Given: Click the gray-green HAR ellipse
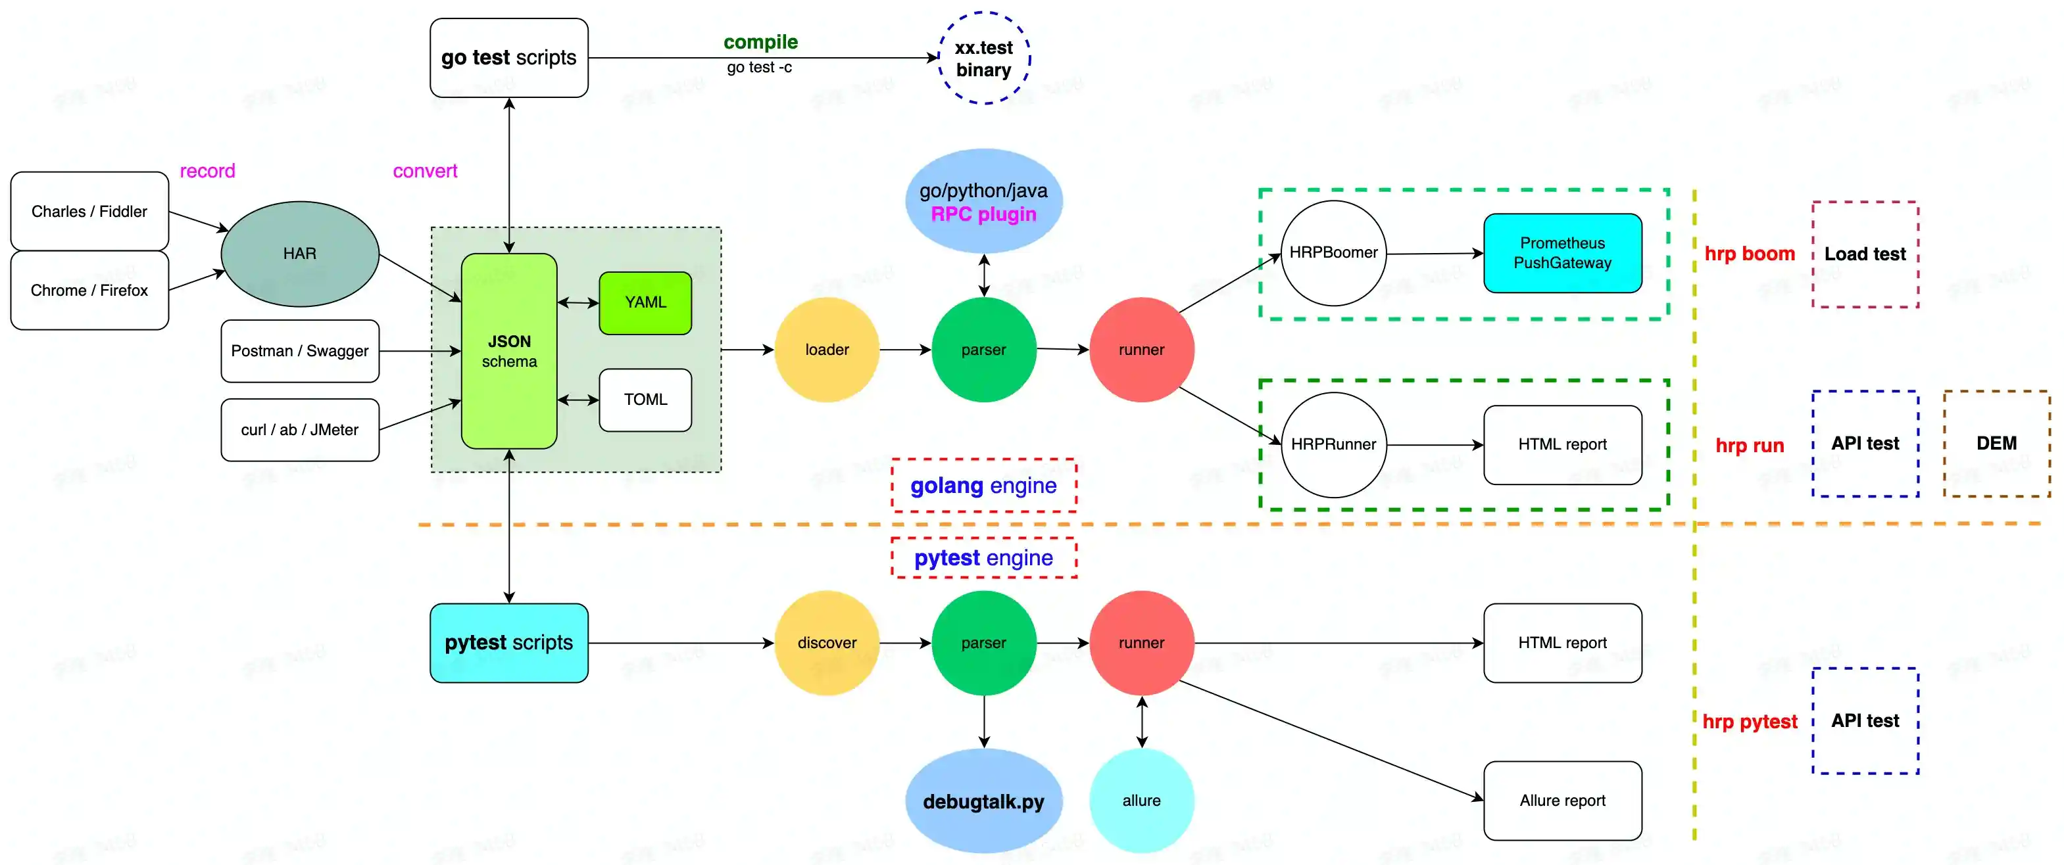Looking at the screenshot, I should click(x=300, y=254).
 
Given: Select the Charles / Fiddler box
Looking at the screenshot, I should click(x=89, y=212).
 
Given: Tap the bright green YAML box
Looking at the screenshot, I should click(x=645, y=303).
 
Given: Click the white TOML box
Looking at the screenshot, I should click(x=645, y=400).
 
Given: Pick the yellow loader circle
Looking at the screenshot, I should click(x=827, y=350).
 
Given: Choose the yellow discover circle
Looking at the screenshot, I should click(x=827, y=643).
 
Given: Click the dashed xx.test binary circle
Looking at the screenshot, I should click(x=984, y=58).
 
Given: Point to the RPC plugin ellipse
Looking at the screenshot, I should click(x=984, y=202).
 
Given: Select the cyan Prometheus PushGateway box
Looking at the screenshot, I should click(x=1562, y=253).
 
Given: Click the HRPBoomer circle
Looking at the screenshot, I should click(x=1333, y=253).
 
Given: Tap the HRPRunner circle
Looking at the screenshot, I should click(x=1333, y=444).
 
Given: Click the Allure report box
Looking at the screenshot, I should click(x=1562, y=801).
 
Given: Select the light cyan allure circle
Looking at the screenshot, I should click(x=1141, y=801).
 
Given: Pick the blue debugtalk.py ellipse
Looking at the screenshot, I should click(x=984, y=801).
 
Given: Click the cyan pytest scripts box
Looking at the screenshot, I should click(x=509, y=643).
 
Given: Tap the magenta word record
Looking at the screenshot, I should click(x=208, y=171).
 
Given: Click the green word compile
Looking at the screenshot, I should click(x=760, y=41).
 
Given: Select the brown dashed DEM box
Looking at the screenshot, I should click(x=1996, y=444).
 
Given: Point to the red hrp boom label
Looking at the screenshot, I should click(x=1749, y=254).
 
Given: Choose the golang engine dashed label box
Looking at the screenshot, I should click(x=984, y=485).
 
